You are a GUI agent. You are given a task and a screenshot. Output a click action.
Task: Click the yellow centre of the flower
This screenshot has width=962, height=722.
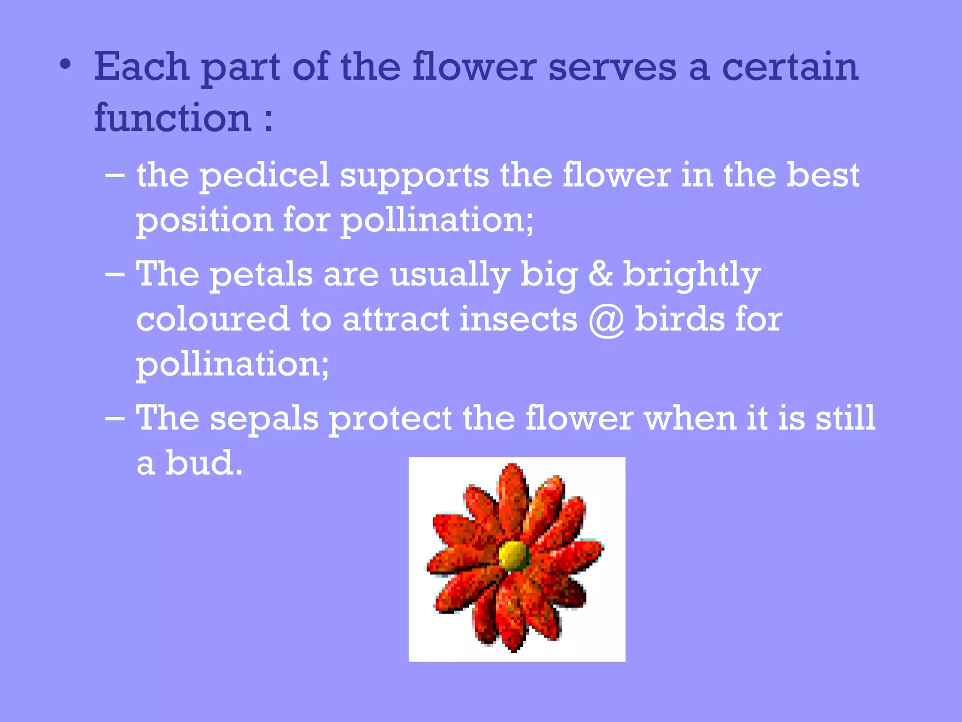click(x=513, y=556)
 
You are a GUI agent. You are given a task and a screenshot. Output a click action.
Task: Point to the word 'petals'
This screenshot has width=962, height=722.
click(x=261, y=275)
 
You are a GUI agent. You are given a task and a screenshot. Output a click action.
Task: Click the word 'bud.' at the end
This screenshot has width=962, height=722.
click(x=203, y=463)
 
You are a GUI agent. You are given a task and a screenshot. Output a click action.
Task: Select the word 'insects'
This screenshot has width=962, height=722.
click(x=518, y=320)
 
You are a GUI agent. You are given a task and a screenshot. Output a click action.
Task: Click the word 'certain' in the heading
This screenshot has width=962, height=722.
click(x=790, y=67)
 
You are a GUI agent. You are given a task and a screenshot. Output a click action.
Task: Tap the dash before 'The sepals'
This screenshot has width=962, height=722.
click(x=115, y=418)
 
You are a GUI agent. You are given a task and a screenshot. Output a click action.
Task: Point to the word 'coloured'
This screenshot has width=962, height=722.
click(x=212, y=320)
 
